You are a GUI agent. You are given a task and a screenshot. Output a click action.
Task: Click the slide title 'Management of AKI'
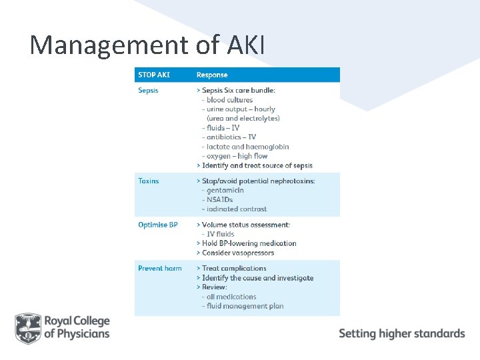(147, 45)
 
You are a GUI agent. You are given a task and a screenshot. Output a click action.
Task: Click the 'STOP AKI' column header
(153, 75)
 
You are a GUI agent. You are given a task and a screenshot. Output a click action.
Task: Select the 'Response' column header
(212, 75)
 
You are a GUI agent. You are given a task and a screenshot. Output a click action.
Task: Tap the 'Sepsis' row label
(148, 90)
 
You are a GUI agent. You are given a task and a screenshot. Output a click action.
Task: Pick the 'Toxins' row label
(149, 181)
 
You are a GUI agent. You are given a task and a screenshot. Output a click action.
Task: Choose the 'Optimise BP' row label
(158, 225)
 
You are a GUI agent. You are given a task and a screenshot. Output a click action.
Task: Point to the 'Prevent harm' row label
(160, 269)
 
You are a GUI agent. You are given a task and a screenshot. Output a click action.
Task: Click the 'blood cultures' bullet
(229, 100)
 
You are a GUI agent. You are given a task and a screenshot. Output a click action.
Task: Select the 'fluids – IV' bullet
(223, 128)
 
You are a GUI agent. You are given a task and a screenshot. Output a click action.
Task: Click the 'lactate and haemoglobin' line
(247, 147)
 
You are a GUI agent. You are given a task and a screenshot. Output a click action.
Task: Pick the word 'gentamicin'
(225, 190)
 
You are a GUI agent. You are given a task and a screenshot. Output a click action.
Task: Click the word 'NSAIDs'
(220, 199)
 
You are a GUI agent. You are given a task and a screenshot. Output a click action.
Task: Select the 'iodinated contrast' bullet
(237, 209)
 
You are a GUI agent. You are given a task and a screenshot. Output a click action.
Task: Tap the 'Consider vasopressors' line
(248, 253)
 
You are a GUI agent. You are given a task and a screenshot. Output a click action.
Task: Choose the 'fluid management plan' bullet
(245, 306)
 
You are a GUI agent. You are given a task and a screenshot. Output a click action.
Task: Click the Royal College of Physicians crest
(28, 328)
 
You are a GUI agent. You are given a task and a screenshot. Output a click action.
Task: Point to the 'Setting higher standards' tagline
(402, 333)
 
